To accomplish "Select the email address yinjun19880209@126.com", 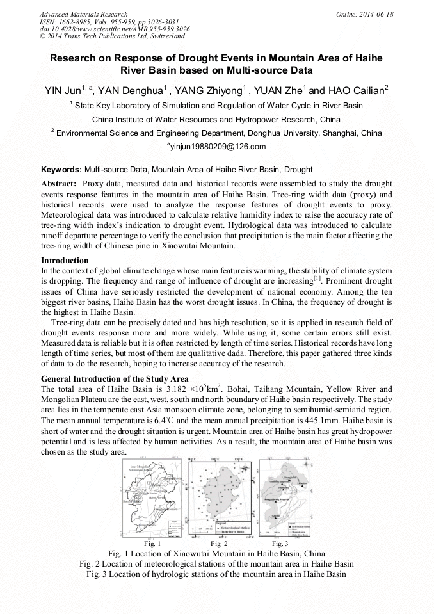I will [x=217, y=147].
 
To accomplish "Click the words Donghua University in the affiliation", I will [x=283, y=133].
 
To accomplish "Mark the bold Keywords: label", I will [x=61, y=170].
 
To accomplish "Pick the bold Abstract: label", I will [x=59, y=184].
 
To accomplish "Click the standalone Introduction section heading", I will [x=65, y=261].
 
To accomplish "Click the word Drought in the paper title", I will [x=193, y=58].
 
